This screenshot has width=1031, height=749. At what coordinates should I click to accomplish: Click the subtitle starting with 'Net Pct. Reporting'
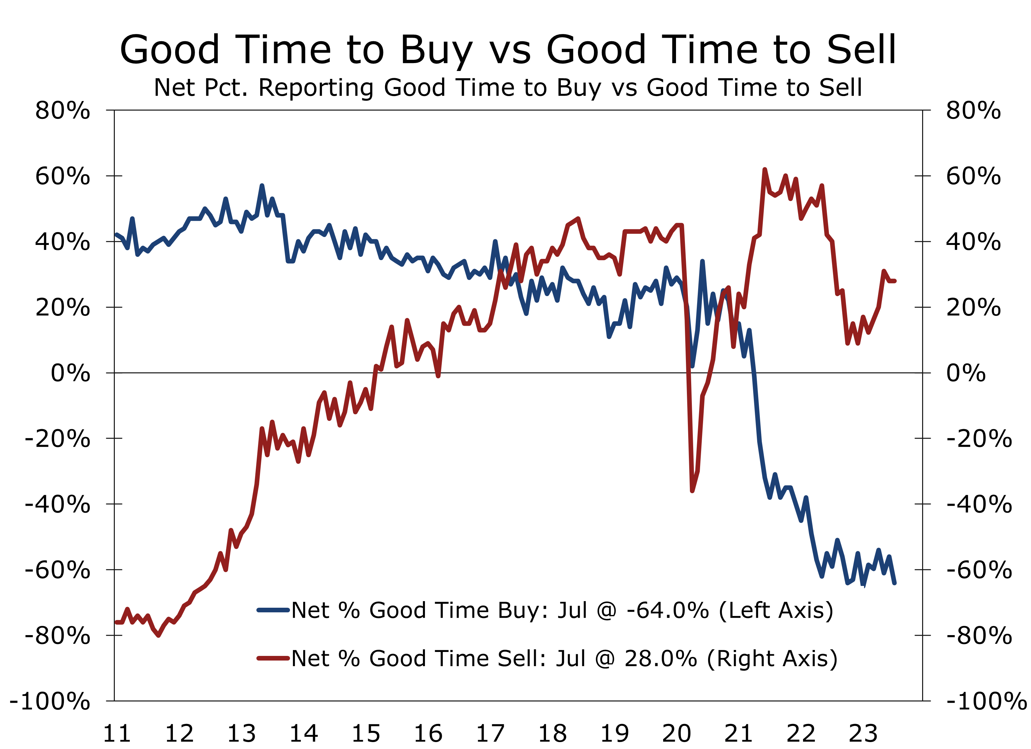508,87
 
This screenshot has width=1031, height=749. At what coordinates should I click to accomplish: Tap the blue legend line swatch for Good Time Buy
273,610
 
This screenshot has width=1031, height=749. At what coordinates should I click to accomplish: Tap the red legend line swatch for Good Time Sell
273,658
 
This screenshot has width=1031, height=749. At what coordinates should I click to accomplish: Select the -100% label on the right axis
985,701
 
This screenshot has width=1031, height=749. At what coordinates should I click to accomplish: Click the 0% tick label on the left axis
71,373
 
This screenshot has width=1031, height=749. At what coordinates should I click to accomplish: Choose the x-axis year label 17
490,733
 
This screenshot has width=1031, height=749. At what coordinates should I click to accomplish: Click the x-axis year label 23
863,733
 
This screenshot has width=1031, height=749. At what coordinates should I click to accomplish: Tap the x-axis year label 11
117,733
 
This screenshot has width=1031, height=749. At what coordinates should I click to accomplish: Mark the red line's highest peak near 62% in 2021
765,170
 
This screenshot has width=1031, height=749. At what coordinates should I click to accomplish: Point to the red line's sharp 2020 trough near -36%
692,491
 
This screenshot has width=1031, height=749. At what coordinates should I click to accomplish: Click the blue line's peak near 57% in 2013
262,186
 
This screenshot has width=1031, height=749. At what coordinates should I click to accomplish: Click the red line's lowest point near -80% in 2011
158,635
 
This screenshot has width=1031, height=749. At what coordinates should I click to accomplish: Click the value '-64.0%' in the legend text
667,610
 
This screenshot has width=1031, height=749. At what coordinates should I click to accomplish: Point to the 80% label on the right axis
973,111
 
